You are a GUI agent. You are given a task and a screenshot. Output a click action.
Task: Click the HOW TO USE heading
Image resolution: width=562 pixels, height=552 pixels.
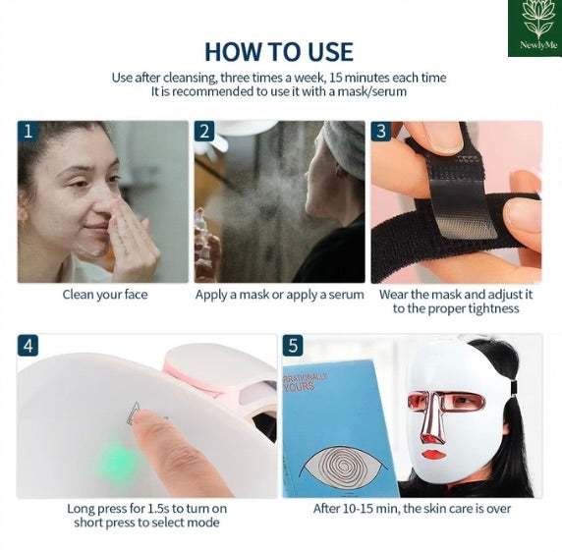[279, 50]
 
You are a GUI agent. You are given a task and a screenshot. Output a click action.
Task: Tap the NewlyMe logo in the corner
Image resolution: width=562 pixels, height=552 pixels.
[534, 28]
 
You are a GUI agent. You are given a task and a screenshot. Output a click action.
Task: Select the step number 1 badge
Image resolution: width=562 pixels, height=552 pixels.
[28, 132]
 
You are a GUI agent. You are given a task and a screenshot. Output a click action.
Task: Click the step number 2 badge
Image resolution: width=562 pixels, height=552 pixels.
[204, 132]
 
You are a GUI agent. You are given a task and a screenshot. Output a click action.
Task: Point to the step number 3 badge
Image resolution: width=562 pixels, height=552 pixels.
[381, 132]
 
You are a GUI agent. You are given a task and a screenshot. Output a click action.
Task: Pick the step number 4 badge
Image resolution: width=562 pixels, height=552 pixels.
[28, 346]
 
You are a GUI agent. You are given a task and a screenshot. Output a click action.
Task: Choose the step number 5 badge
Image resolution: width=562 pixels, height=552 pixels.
[293, 346]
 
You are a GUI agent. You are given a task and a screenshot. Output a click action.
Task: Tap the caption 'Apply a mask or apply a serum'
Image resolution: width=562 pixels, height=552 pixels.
[279, 295]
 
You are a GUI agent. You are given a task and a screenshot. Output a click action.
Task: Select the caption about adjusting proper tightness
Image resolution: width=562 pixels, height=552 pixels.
[456, 302]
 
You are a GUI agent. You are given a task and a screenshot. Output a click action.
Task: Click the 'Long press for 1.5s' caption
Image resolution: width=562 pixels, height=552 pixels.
[146, 516]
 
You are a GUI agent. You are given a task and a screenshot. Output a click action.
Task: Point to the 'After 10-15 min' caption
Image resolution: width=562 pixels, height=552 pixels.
[412, 509]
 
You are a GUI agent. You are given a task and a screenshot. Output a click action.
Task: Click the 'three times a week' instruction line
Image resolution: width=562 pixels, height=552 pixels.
[279, 77]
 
